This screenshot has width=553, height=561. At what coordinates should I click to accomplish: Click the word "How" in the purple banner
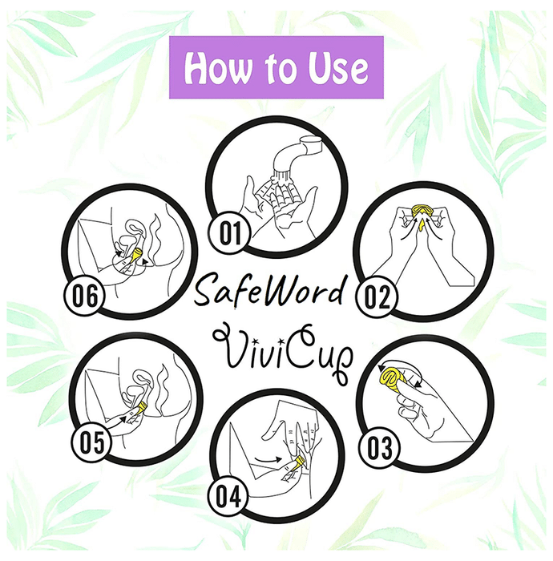(217, 67)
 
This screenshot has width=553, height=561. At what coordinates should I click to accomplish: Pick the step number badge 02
(377, 297)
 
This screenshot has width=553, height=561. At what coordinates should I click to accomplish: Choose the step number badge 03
(379, 448)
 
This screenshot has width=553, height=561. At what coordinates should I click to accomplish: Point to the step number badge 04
(228, 496)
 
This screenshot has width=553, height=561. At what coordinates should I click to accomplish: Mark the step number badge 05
(91, 442)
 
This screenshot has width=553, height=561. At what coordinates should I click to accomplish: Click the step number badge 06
(84, 294)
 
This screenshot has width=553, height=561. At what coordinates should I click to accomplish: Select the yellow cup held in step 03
(393, 380)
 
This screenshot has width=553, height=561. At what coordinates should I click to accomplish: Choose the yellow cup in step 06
(137, 256)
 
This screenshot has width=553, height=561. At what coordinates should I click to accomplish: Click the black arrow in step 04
(268, 459)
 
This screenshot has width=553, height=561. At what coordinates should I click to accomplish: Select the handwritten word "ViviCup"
(283, 353)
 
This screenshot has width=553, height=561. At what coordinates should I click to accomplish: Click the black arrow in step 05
(118, 421)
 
